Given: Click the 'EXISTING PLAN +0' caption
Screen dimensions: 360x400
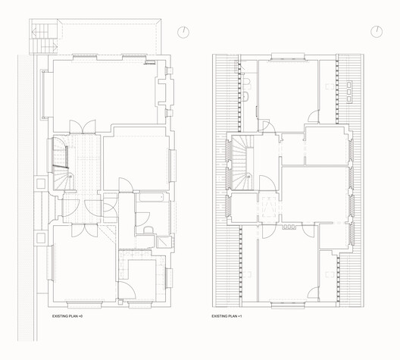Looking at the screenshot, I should (68, 315).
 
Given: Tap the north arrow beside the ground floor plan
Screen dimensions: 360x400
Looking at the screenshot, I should (184, 32).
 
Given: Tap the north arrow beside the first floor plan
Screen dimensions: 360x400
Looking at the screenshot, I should (377, 31).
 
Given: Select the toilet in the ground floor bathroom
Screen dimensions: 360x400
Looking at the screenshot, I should (149, 228).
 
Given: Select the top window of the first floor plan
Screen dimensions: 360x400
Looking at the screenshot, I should (288, 55).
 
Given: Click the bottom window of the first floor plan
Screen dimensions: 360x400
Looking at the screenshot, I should (288, 306).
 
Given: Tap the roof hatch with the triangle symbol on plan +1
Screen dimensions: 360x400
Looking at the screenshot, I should (269, 205).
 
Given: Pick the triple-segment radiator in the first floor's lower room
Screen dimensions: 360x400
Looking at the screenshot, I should (288, 226).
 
